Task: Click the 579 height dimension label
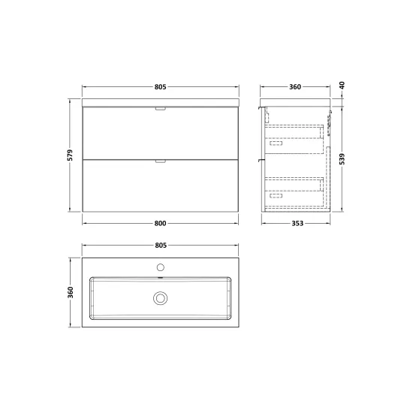coord(70,155)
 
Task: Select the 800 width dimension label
coord(160,223)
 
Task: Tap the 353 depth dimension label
coord(297,223)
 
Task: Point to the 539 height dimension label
coord(342,159)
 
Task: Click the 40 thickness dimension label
coord(342,86)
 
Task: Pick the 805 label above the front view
coord(160,87)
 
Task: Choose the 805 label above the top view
coord(161,246)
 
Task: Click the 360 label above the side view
coord(295,87)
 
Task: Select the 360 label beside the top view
coord(71,292)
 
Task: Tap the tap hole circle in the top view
coord(161,267)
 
